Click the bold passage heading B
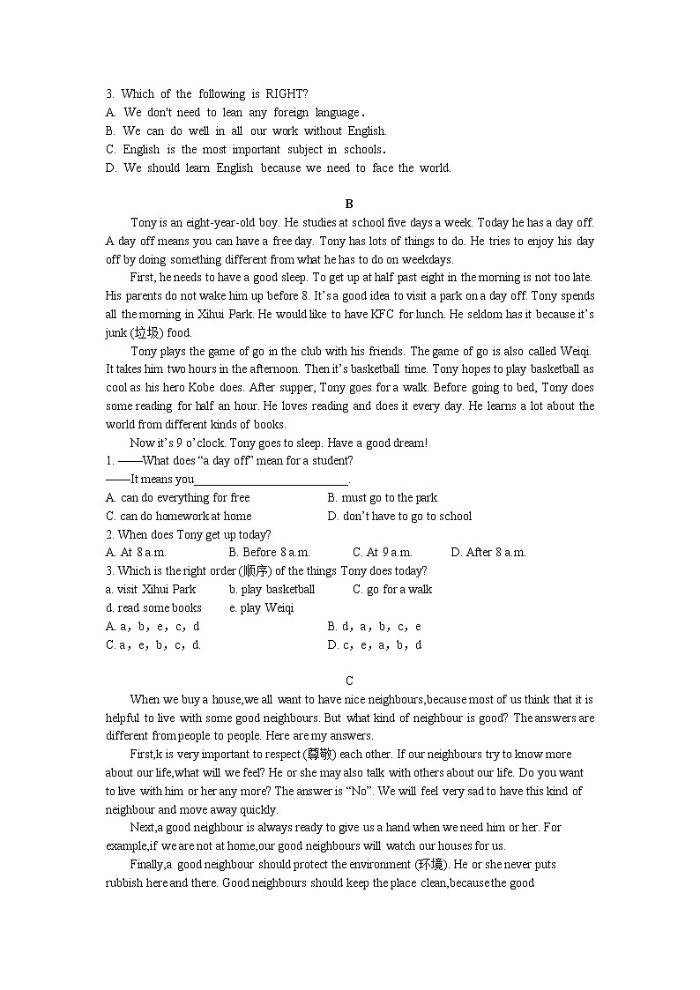(x=349, y=204)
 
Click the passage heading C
(x=349, y=680)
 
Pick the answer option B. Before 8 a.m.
(x=269, y=552)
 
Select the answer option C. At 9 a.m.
(x=382, y=552)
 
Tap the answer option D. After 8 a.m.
(x=488, y=552)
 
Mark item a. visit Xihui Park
(x=151, y=589)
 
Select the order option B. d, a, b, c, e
(x=374, y=626)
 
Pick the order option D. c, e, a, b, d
(x=374, y=644)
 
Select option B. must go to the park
(x=382, y=497)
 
